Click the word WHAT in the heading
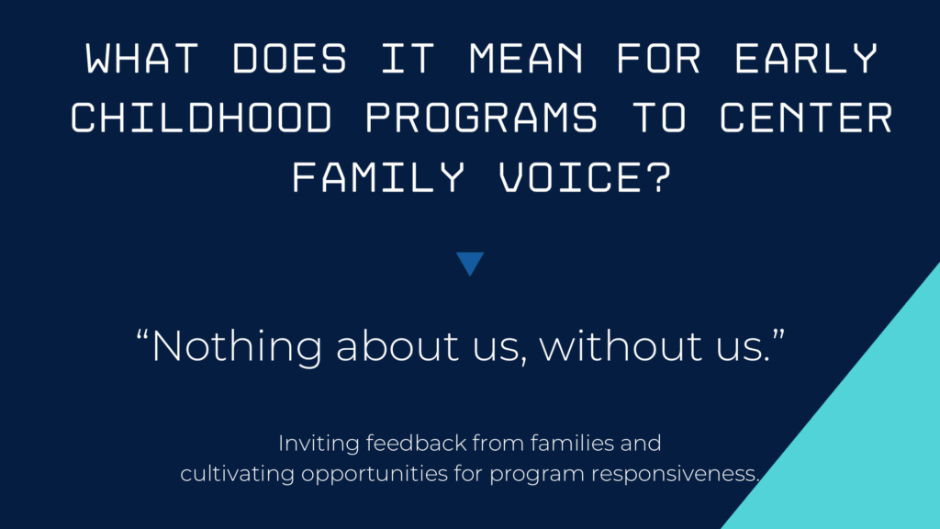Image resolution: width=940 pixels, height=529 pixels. click(141, 58)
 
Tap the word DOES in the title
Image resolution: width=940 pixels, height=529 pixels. click(289, 58)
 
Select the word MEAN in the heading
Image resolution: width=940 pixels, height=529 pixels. click(526, 58)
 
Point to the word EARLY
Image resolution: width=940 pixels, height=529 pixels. click(806, 58)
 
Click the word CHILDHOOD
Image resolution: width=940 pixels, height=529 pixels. click(201, 117)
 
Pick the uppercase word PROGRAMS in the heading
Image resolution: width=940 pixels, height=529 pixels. click(481, 117)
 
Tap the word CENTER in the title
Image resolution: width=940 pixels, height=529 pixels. click(806, 117)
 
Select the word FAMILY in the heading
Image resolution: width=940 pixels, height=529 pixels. click(378, 177)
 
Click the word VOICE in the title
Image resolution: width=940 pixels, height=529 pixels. click(570, 177)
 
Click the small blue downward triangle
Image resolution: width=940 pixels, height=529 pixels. click(470, 263)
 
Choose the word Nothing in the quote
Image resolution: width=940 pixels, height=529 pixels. click(236, 347)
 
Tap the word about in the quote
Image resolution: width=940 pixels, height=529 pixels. click(397, 346)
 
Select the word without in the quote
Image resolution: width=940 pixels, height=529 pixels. click(621, 346)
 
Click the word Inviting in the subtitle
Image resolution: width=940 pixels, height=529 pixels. click(319, 445)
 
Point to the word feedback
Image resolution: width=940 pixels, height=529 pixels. click(416, 444)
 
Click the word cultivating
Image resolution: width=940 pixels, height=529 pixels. click(238, 475)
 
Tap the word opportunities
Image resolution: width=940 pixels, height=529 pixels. click(375, 475)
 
